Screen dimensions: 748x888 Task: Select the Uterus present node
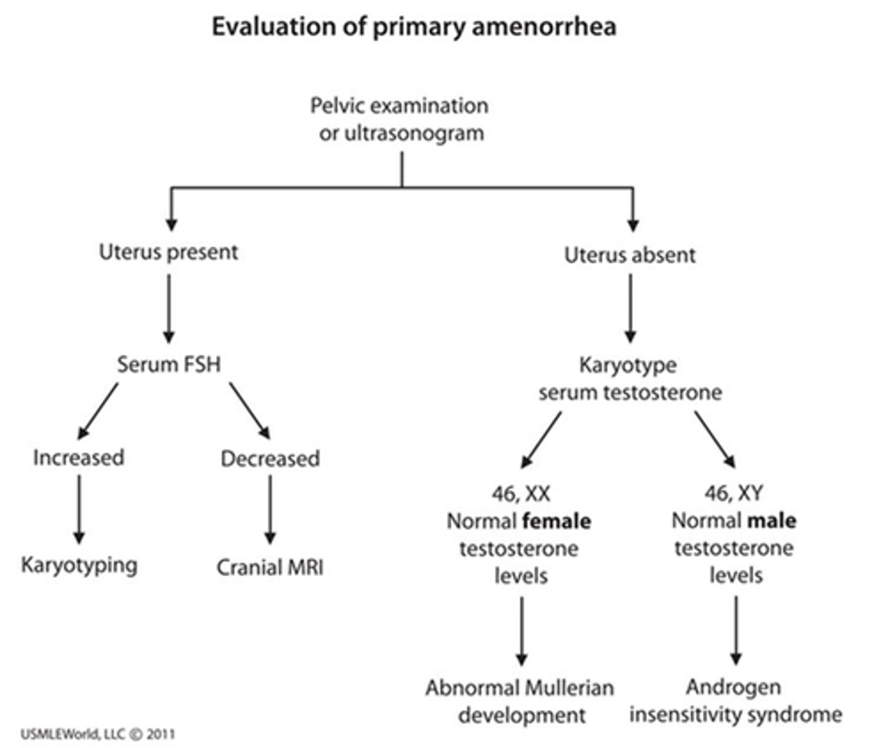tap(168, 252)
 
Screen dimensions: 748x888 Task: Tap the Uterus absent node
tap(629, 255)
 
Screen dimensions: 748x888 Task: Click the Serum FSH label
tap(169, 364)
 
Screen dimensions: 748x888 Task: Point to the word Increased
tap(79, 458)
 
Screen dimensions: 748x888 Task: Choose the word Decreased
tap(270, 459)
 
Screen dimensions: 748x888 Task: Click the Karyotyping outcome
tap(79, 565)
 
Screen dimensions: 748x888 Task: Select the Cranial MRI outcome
tap(270, 568)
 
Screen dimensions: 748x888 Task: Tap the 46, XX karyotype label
tap(521, 494)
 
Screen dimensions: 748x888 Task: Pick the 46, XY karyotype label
tap(733, 494)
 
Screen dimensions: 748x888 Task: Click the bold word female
tap(556, 521)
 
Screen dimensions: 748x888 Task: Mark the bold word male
tap(773, 520)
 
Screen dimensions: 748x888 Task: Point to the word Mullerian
tap(567, 688)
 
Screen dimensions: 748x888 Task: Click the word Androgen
tap(733, 687)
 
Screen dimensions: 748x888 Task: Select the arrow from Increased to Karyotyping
tap(79, 509)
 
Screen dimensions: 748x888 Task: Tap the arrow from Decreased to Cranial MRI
tap(270, 509)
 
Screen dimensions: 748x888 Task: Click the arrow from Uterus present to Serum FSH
tap(169, 308)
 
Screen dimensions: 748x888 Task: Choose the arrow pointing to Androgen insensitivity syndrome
tap(736, 630)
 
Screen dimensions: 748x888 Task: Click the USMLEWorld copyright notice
tap(98, 734)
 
